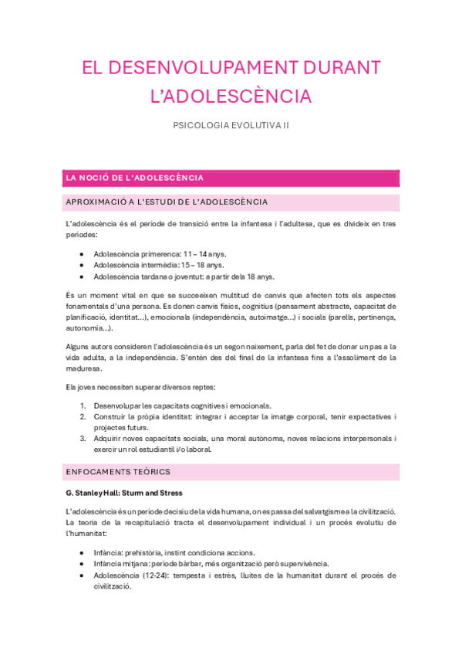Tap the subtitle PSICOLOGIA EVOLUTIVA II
pyautogui.click(x=231, y=125)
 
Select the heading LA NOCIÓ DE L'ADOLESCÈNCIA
pyautogui.click(x=135, y=178)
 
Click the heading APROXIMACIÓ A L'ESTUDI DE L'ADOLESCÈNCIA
pyautogui.click(x=167, y=202)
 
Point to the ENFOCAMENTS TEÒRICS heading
pyautogui.click(x=119, y=471)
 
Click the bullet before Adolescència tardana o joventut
pyautogui.click(x=83, y=277)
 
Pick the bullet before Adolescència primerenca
pyautogui.click(x=83, y=253)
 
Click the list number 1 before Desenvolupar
pyautogui.click(x=83, y=406)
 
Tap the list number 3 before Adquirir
pyautogui.click(x=83, y=438)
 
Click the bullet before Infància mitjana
pyautogui.click(x=83, y=565)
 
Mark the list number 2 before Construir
pyautogui.click(x=83, y=416)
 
